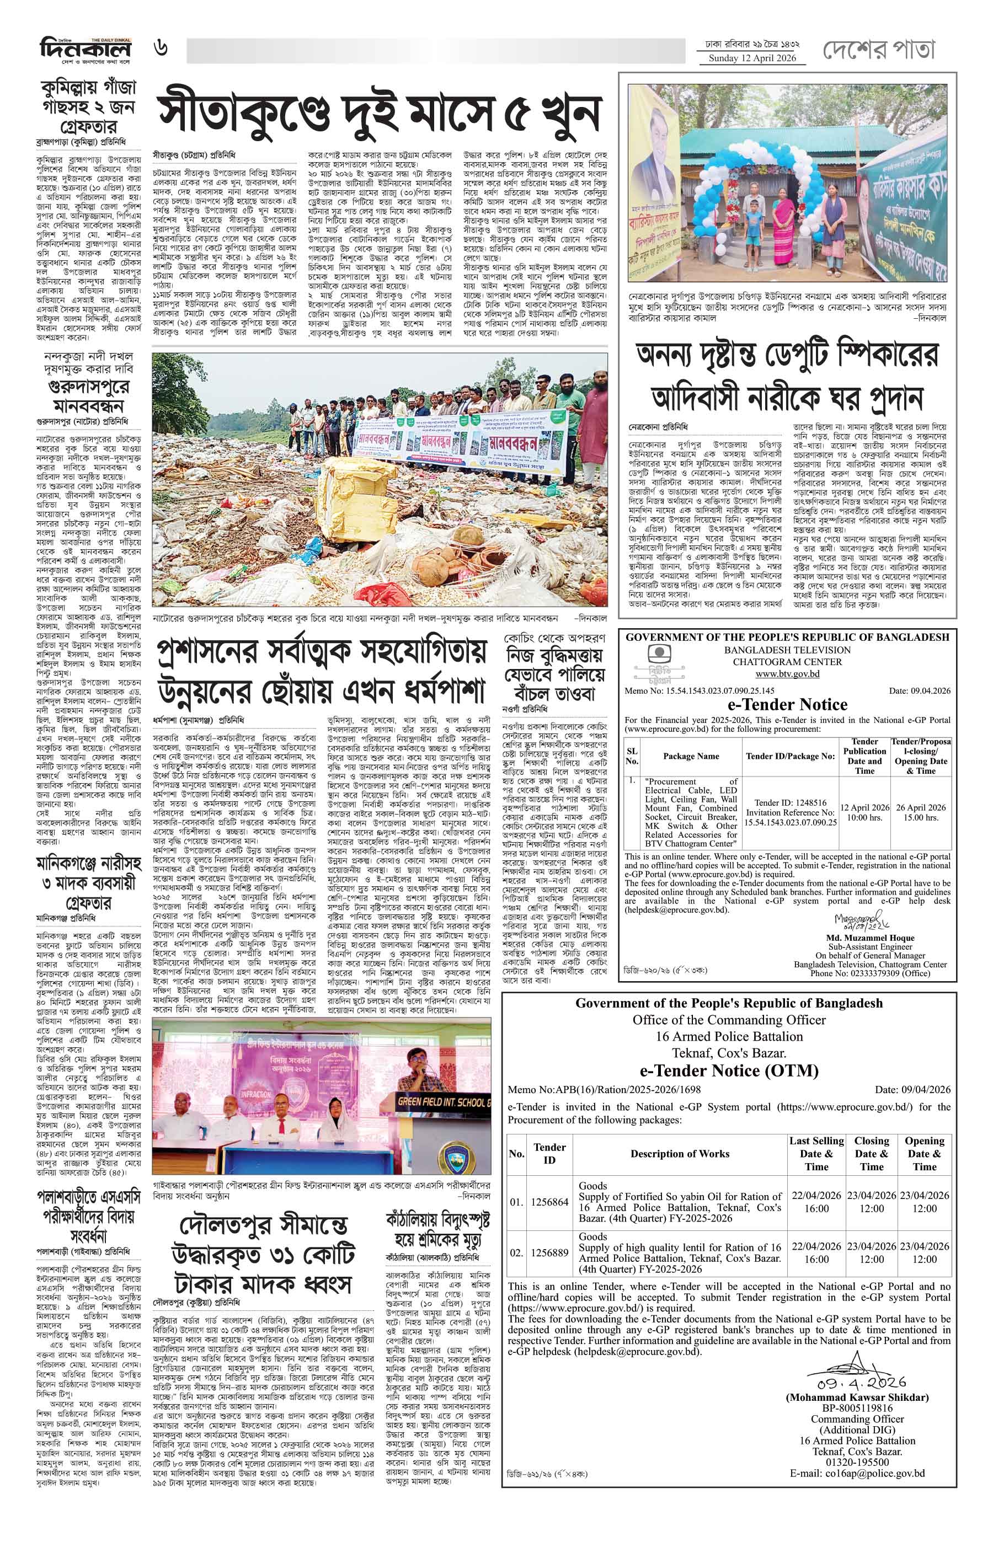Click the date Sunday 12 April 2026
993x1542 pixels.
pyautogui.click(x=752, y=58)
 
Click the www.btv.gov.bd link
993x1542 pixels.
pyautogui.click(x=787, y=673)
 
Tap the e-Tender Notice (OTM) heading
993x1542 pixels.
pyautogui.click(x=729, y=1071)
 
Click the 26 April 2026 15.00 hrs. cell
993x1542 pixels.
pyautogui.click(x=920, y=812)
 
